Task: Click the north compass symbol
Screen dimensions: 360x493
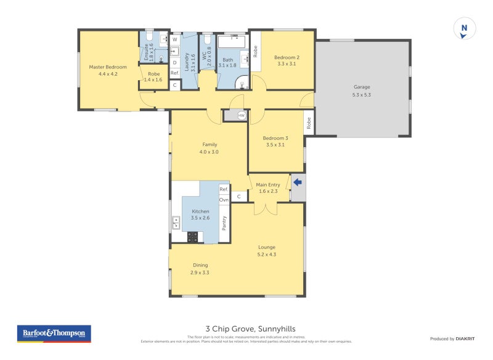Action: pyautogui.click(x=464, y=29)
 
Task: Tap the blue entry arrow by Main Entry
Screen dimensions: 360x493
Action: pyautogui.click(x=298, y=182)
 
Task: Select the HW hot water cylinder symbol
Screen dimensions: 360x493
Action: pyautogui.click(x=241, y=115)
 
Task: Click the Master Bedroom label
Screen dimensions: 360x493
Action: pyautogui.click(x=108, y=67)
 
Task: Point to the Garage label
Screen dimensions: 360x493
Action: pyautogui.click(x=361, y=87)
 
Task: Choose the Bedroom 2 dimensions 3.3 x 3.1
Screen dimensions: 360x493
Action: pyautogui.click(x=287, y=63)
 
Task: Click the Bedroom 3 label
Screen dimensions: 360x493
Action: pyautogui.click(x=275, y=138)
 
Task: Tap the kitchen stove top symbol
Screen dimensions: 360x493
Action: pyautogui.click(x=192, y=236)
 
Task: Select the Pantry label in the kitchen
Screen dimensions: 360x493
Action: pyautogui.click(x=224, y=223)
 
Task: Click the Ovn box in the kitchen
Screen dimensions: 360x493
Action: pyautogui.click(x=224, y=200)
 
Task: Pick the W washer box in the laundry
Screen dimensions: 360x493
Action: pyautogui.click(x=175, y=39)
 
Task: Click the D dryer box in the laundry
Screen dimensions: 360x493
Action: pyautogui.click(x=175, y=62)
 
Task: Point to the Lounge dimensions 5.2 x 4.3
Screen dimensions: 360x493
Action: pyautogui.click(x=267, y=254)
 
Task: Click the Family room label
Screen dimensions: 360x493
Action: pyautogui.click(x=209, y=144)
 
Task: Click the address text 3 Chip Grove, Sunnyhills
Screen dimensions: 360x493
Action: pyautogui.click(x=246, y=329)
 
